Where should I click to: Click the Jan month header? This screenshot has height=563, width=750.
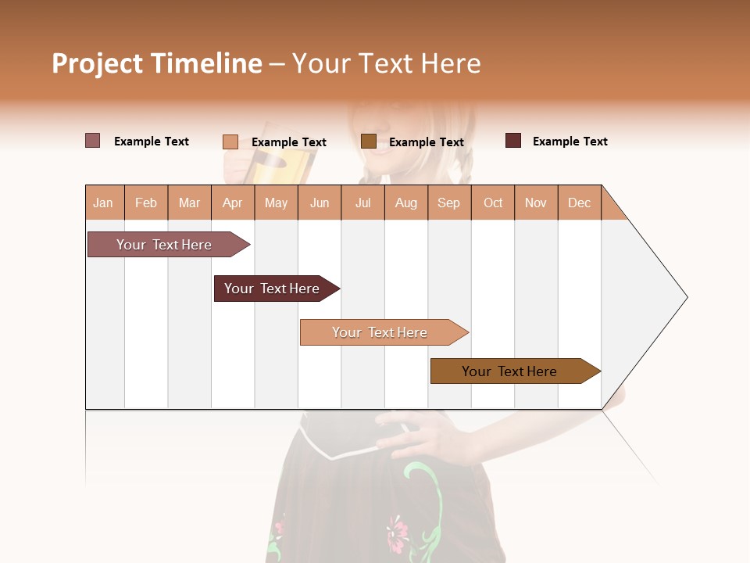coord(103,203)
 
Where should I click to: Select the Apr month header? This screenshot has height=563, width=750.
coord(232,203)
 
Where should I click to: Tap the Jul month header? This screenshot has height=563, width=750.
coord(362,203)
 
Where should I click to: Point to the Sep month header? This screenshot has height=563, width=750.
coord(448,203)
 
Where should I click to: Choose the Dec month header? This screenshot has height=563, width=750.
coord(579,203)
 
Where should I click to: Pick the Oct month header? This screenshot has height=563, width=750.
coord(493,203)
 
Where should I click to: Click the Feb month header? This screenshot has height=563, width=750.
coord(146,203)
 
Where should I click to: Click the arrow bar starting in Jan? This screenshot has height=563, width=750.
coord(164,245)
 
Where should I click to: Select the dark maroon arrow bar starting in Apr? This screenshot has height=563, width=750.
coord(272,289)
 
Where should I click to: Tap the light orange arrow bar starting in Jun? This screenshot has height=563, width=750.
coord(380,332)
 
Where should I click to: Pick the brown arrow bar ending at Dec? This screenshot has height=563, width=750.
coord(509,371)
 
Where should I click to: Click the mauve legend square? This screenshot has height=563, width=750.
coord(92,141)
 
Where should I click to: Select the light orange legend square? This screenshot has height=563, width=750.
coord(230,142)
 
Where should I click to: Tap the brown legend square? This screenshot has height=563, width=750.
coord(369,142)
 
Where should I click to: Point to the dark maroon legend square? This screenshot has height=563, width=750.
coord(512,141)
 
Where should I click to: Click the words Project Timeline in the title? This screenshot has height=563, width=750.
coord(156,63)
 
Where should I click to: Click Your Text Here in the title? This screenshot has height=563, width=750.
coord(386,63)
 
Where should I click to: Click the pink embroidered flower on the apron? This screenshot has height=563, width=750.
coord(398,530)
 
